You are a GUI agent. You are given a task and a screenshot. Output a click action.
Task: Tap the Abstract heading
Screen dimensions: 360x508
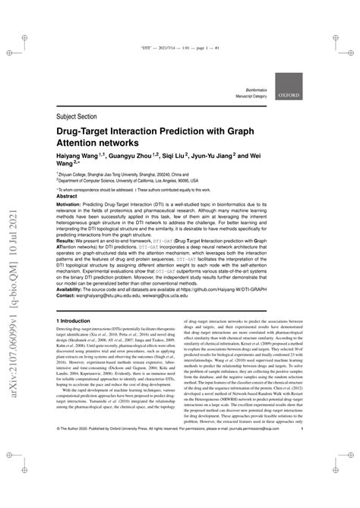[68, 195]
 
